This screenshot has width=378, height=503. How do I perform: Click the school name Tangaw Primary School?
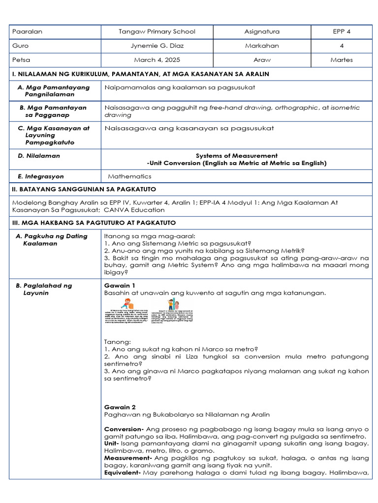157,31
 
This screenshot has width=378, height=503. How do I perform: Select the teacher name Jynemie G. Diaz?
157,46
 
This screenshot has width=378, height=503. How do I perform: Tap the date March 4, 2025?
157,60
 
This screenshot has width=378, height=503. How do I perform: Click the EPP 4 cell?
342,31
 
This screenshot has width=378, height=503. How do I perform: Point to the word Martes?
342,60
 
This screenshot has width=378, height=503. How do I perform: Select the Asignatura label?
261,31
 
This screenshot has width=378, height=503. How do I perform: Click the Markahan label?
261,46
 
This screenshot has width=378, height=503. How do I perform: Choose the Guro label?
22,46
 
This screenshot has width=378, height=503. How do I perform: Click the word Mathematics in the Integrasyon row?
129,176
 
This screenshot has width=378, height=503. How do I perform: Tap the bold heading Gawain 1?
120,285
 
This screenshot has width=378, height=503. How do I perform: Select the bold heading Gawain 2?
120,407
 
